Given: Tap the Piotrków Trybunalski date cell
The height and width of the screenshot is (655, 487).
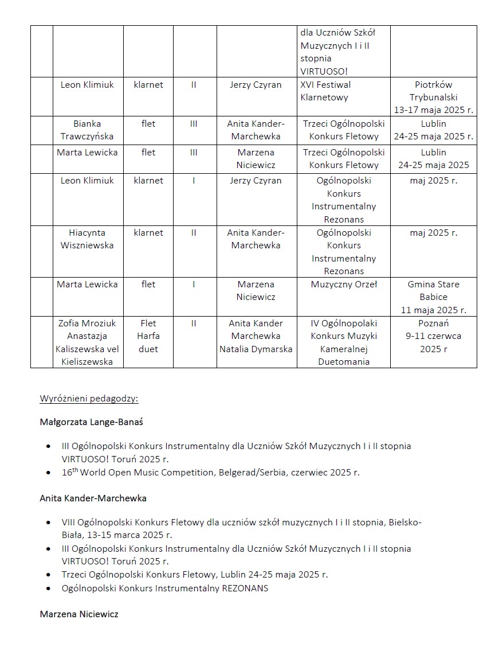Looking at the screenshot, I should pyautogui.click(x=433, y=97).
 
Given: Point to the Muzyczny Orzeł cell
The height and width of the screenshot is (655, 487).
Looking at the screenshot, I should pyautogui.click(x=344, y=284).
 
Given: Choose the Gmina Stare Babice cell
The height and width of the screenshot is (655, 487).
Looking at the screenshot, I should pyautogui.click(x=433, y=297).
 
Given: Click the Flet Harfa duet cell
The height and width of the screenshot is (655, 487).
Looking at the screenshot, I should pyautogui.click(x=148, y=336).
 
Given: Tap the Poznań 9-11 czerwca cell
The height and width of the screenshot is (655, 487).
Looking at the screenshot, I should pyautogui.click(x=433, y=336).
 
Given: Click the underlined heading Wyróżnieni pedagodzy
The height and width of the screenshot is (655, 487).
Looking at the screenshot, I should pyautogui.click(x=89, y=399).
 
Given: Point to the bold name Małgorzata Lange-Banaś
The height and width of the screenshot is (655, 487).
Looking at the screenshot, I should pyautogui.click(x=91, y=422).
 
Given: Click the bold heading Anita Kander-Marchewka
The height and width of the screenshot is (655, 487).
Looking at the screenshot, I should pyautogui.click(x=93, y=498).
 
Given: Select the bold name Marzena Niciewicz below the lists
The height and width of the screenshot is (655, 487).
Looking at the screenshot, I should pyautogui.click(x=79, y=614).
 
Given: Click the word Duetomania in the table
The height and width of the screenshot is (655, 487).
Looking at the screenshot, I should pyautogui.click(x=344, y=362).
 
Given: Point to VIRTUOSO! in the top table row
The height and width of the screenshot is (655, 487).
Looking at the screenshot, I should pyautogui.click(x=324, y=71).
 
